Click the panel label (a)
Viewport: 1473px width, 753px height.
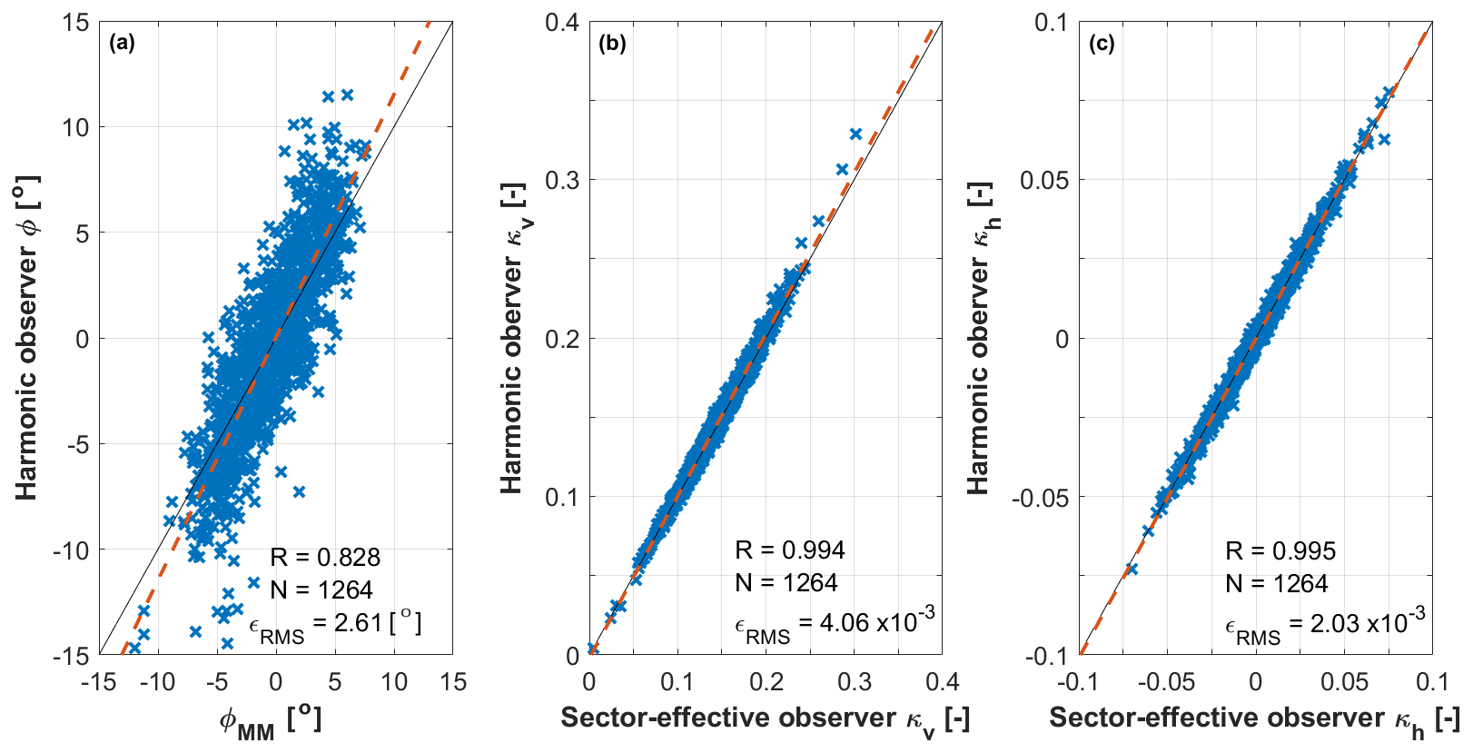click(121, 43)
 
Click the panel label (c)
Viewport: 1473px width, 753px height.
click(1102, 43)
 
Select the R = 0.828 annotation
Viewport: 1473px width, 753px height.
click(324, 557)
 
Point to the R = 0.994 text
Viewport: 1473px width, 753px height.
click(789, 550)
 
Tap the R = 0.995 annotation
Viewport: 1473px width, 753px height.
click(1280, 550)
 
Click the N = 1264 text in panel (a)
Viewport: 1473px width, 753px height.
click(321, 590)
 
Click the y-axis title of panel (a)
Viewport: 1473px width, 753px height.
click(27, 338)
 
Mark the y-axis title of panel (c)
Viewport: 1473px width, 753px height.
click(979, 338)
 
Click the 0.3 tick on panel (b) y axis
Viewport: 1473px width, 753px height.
click(562, 180)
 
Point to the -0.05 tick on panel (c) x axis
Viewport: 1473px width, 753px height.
click(1166, 681)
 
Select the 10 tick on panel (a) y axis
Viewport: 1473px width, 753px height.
click(75, 127)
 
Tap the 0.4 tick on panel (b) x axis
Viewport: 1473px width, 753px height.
click(941, 681)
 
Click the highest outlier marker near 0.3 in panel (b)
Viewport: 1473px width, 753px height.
click(855, 134)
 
